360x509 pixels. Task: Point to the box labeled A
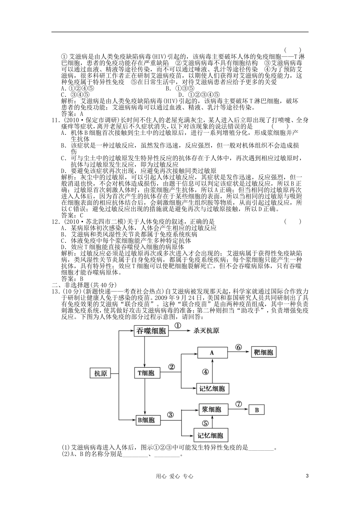coord(212,353)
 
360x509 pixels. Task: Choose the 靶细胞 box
coord(263,353)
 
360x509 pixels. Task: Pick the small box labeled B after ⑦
coord(257,410)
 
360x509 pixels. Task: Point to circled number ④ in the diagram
coord(205,372)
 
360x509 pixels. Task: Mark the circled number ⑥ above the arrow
coord(238,347)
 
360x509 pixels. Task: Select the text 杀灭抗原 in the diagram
coord(206,331)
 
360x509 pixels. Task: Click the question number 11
coord(56,120)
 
